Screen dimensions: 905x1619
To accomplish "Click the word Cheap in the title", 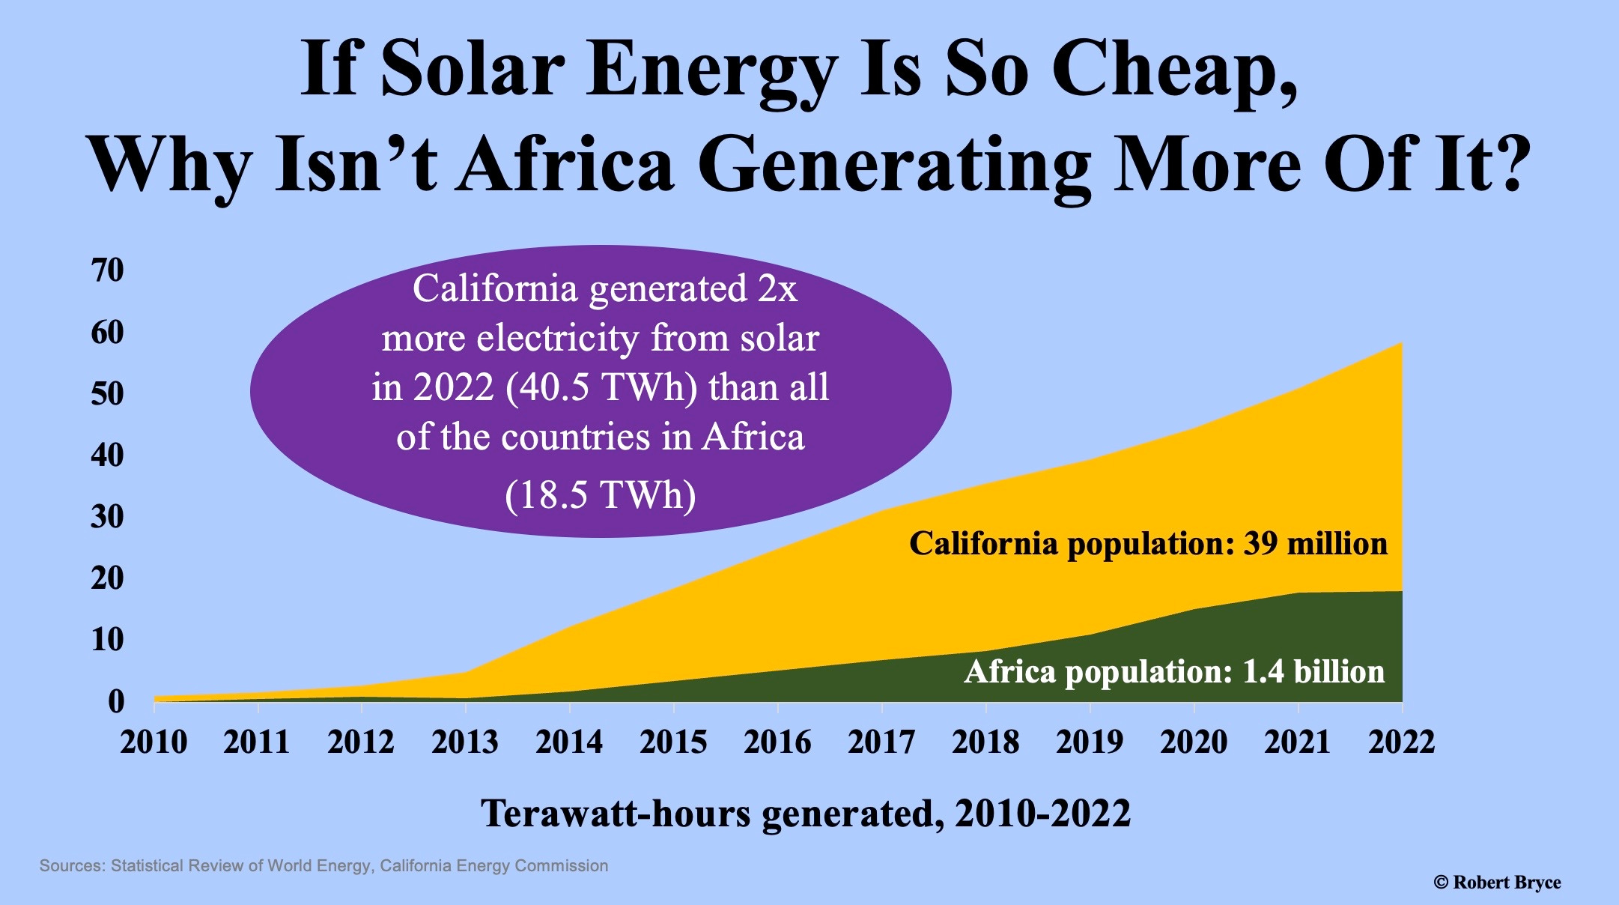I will [1174, 69].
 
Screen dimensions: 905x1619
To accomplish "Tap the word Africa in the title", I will [567, 163].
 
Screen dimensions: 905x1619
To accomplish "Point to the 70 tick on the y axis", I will [107, 270].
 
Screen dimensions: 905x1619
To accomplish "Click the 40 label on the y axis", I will [107, 455].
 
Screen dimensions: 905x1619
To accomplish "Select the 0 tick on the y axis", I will [116, 701].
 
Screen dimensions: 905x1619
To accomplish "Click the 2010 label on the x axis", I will [154, 742].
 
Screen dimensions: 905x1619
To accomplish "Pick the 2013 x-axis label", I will [465, 742].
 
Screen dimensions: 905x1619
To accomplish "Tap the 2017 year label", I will [881, 742].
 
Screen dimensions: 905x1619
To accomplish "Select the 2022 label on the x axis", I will [1402, 742].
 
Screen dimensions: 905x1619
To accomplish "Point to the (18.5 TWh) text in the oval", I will [601, 495].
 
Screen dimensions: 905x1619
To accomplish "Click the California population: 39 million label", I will [1148, 544].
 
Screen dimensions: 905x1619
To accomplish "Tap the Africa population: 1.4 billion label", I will [1174, 672].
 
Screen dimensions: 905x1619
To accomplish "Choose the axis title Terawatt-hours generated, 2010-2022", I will [806, 814].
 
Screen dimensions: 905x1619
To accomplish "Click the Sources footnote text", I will [324, 866].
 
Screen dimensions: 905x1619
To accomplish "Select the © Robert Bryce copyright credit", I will [1497, 883].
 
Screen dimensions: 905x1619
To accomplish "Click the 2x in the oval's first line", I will [777, 289].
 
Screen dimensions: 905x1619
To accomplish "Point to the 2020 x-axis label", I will [1194, 742].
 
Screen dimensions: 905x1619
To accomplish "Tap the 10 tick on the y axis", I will [107, 640].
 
